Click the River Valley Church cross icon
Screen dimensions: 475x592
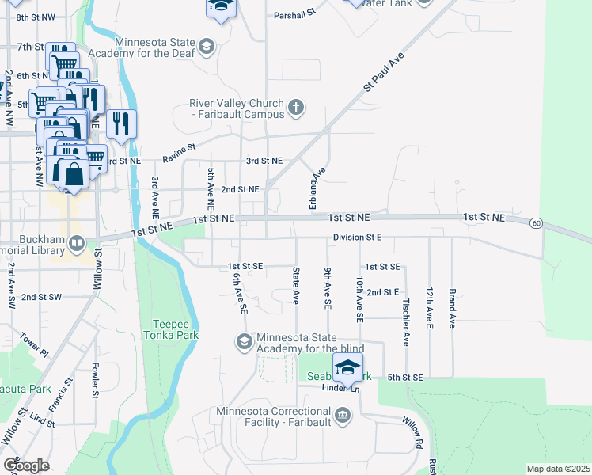295,107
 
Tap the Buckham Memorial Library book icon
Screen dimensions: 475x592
77,243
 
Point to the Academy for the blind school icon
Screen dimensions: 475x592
244,342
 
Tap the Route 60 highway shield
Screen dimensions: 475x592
536,223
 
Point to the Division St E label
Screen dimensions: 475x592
357,237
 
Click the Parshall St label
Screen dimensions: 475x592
294,14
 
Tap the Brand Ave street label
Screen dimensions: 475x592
452,308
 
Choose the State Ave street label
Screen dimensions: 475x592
296,286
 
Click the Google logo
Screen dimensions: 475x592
26,465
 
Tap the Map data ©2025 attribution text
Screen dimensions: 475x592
558,469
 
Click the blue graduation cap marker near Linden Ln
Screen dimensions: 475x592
347,368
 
